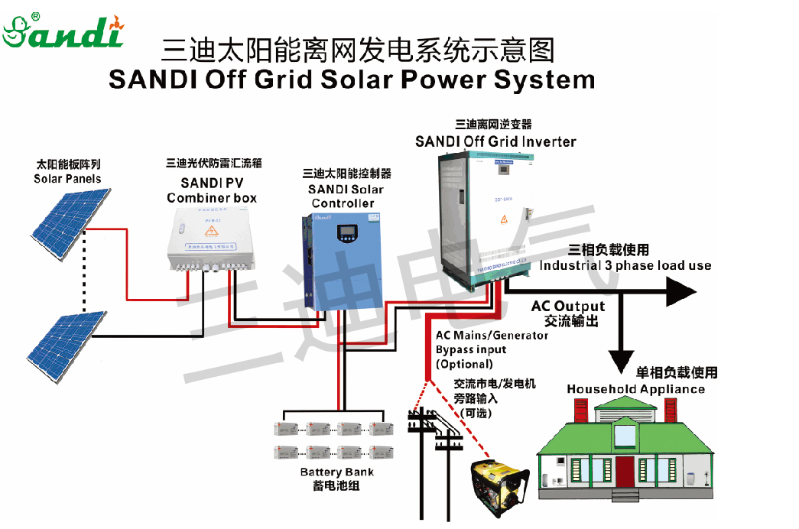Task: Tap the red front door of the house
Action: click(x=625, y=472)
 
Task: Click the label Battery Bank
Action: click(x=336, y=472)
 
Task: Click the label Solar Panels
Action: click(x=67, y=179)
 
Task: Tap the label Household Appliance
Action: click(x=635, y=389)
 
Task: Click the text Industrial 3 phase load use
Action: click(x=625, y=266)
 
